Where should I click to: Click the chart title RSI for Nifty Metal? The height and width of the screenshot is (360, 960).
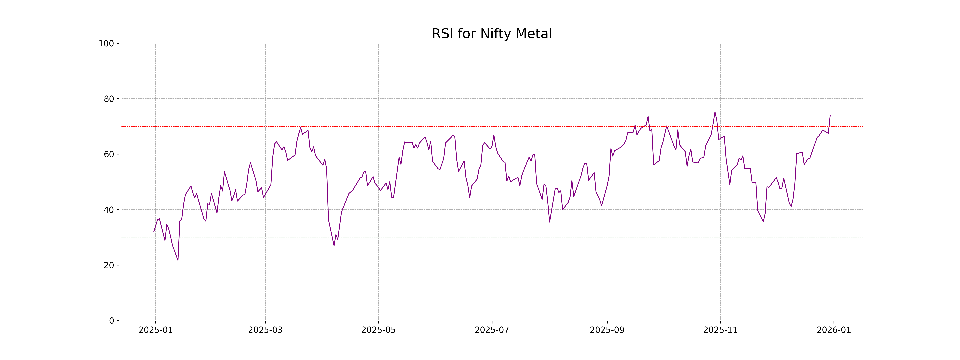492,34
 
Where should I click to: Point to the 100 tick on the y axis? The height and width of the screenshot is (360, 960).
106,44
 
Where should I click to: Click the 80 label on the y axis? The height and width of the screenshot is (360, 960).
109,99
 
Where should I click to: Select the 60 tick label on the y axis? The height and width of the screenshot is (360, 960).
109,154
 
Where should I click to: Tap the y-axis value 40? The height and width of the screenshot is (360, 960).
109,210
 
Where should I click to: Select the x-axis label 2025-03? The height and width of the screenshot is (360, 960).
265,330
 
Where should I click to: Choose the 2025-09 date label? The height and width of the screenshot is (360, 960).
607,330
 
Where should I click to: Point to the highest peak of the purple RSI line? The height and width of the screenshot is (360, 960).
715,112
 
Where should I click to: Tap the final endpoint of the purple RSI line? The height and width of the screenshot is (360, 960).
830,115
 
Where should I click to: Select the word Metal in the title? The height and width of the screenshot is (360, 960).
534,34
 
